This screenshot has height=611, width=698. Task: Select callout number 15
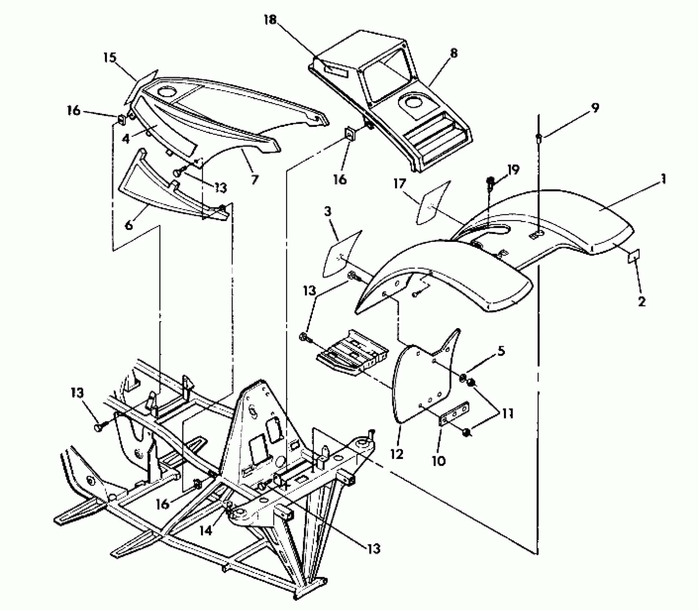pyautogui.click(x=111, y=58)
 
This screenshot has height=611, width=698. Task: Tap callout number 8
pyautogui.click(x=453, y=54)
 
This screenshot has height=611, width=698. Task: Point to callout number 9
pyautogui.click(x=595, y=107)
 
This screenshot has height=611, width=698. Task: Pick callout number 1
pyautogui.click(x=663, y=179)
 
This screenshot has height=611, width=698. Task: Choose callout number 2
pyautogui.click(x=642, y=301)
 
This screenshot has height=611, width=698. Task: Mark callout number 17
pyautogui.click(x=399, y=184)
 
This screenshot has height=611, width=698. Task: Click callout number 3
pyautogui.click(x=327, y=211)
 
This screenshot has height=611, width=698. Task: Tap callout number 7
pyautogui.click(x=254, y=179)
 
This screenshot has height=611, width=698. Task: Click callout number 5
pyautogui.click(x=501, y=351)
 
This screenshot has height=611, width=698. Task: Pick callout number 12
pyautogui.click(x=397, y=454)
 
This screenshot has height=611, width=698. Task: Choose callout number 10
pyautogui.click(x=439, y=461)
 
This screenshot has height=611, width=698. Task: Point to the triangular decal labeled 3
pyautogui.click(x=341, y=254)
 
